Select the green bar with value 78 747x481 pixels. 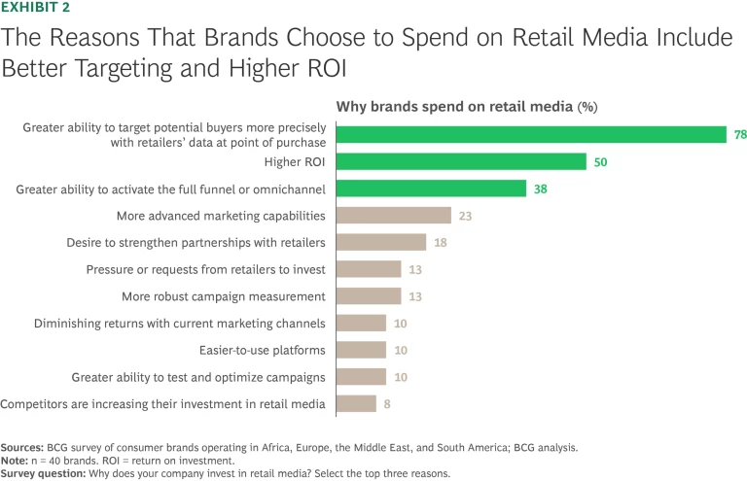click(531, 134)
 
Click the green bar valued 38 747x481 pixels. click(431, 189)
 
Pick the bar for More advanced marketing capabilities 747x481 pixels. click(393, 215)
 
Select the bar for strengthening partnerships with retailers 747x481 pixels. click(381, 242)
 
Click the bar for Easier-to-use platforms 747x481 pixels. click(361, 349)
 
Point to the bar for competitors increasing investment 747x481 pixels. click(356, 403)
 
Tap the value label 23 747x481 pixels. click(465, 215)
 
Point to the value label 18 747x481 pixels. click(441, 242)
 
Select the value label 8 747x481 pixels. click(387, 403)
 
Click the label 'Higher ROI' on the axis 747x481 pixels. click(292, 162)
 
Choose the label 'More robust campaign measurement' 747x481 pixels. click(224, 295)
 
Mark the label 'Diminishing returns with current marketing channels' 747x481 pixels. click(180, 323)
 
